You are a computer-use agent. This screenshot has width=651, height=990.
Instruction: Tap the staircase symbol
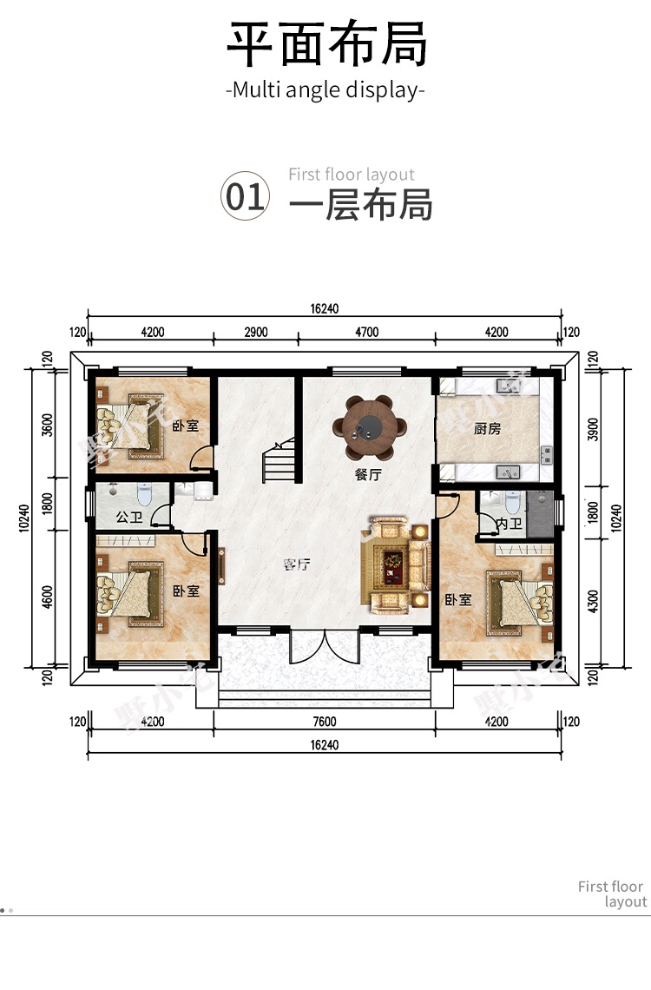click(x=279, y=459)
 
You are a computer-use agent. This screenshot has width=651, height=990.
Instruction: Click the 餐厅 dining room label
click(x=368, y=474)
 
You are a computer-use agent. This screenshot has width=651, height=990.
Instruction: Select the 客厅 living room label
click(x=297, y=564)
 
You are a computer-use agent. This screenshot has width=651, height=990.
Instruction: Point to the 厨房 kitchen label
click(x=487, y=429)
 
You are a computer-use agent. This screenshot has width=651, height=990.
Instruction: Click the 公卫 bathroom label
click(x=129, y=517)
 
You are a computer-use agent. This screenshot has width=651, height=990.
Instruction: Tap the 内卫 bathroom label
click(x=509, y=524)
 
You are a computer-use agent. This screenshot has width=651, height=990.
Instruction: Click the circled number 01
click(x=245, y=196)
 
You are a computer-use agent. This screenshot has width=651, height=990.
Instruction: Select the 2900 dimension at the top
click(x=255, y=332)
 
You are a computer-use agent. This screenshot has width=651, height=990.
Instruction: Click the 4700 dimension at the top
click(x=366, y=332)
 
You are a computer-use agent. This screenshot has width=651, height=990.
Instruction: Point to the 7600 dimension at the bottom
click(x=325, y=722)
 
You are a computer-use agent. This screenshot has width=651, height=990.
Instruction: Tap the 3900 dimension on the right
click(x=592, y=429)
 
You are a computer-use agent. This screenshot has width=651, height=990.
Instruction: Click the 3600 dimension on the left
click(x=48, y=425)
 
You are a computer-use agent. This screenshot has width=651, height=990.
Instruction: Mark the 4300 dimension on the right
click(x=592, y=601)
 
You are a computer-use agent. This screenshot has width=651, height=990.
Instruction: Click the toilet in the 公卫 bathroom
click(x=144, y=494)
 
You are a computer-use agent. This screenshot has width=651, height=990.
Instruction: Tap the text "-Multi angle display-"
click(x=325, y=90)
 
